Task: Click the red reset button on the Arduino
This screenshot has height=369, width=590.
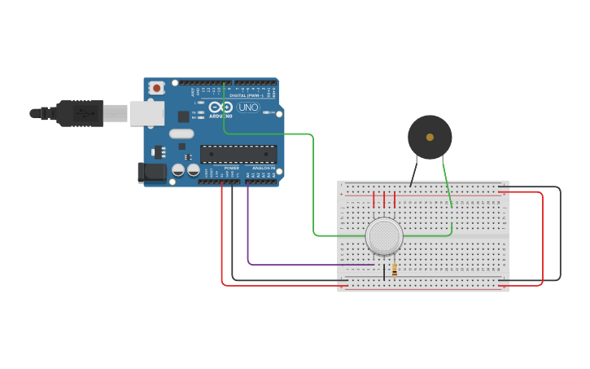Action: pos(155,86)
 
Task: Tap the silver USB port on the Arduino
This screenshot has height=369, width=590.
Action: pos(146,113)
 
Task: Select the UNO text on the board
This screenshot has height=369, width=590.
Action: pos(247,108)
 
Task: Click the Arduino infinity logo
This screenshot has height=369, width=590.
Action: pos(221,108)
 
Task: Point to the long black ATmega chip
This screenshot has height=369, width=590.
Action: pos(238,154)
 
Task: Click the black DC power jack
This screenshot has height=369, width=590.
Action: pos(152,172)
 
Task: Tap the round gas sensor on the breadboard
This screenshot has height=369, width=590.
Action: pos(384,235)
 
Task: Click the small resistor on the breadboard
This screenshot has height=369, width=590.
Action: pos(395,270)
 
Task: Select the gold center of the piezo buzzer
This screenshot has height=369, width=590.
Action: pos(430,137)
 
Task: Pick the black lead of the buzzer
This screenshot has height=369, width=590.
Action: pos(414,173)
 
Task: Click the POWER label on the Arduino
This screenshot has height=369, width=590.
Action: pos(232,168)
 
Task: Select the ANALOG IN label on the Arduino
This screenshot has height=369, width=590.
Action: pos(264,168)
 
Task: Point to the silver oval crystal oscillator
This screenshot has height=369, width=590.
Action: pos(181,134)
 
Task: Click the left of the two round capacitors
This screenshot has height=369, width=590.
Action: pos(178,170)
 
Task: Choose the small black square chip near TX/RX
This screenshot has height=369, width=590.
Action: pos(184,116)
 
